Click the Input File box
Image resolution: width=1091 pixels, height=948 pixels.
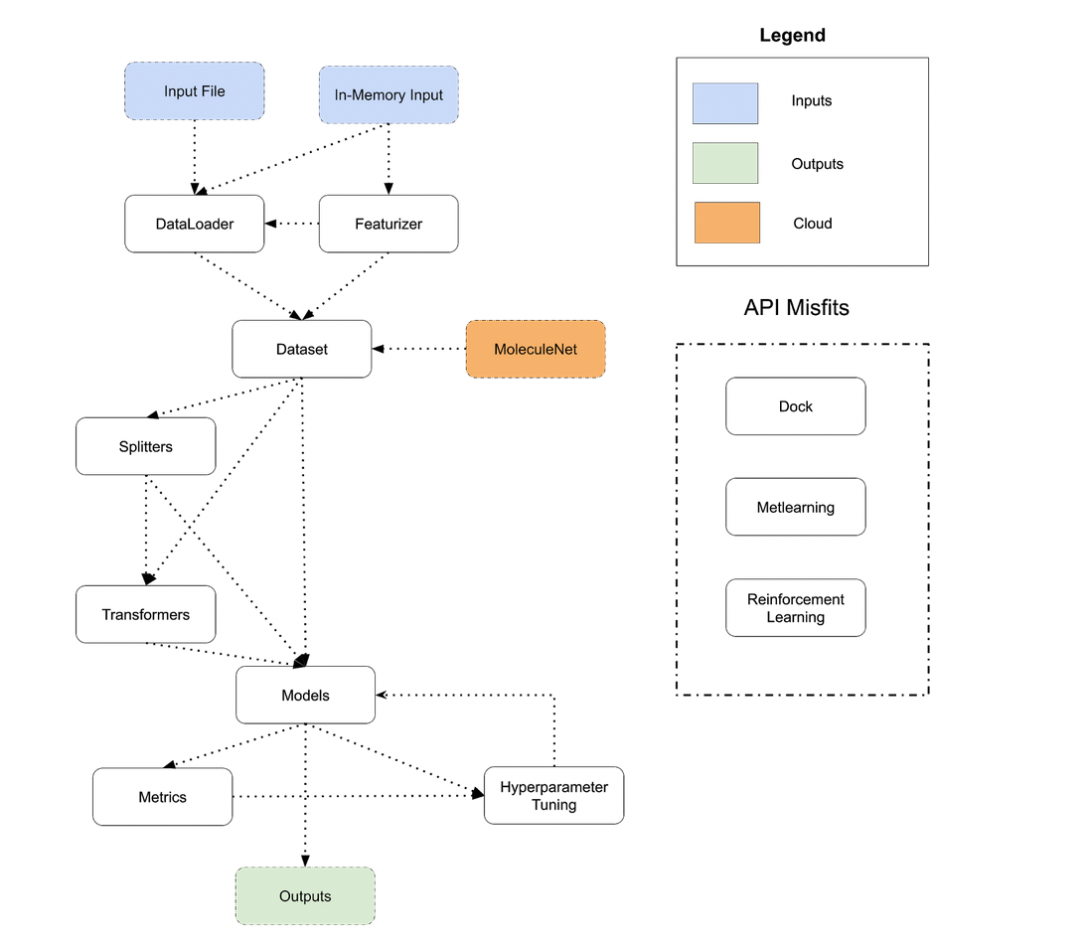tap(195, 91)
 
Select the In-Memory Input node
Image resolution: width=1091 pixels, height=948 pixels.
tap(389, 95)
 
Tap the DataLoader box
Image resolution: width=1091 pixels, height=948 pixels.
tap(195, 224)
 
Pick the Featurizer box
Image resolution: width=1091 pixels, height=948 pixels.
tap(389, 224)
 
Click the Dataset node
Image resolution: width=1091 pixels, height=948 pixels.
tap(302, 349)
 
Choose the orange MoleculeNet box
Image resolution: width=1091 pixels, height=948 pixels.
tap(536, 349)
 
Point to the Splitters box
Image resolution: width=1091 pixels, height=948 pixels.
tap(146, 446)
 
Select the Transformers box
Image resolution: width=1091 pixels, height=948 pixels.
tap(146, 614)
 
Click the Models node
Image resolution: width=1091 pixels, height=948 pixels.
tap(305, 695)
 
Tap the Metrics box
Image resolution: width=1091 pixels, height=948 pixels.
tap(163, 797)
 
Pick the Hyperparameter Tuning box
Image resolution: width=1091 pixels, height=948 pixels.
tap(553, 796)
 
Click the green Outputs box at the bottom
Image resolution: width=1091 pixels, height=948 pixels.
tap(305, 896)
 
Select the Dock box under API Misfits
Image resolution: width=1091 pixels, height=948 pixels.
tap(796, 406)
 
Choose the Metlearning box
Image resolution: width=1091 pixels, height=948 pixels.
tap(796, 507)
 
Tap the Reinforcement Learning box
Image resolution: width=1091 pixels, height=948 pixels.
tap(796, 608)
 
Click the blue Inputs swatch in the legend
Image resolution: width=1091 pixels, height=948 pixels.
tap(725, 103)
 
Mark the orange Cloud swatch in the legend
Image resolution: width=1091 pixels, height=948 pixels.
tap(727, 224)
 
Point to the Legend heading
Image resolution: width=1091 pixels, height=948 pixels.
tap(792, 36)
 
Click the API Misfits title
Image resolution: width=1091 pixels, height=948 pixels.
tap(796, 307)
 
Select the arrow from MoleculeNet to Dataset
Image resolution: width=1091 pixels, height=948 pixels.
tap(419, 349)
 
